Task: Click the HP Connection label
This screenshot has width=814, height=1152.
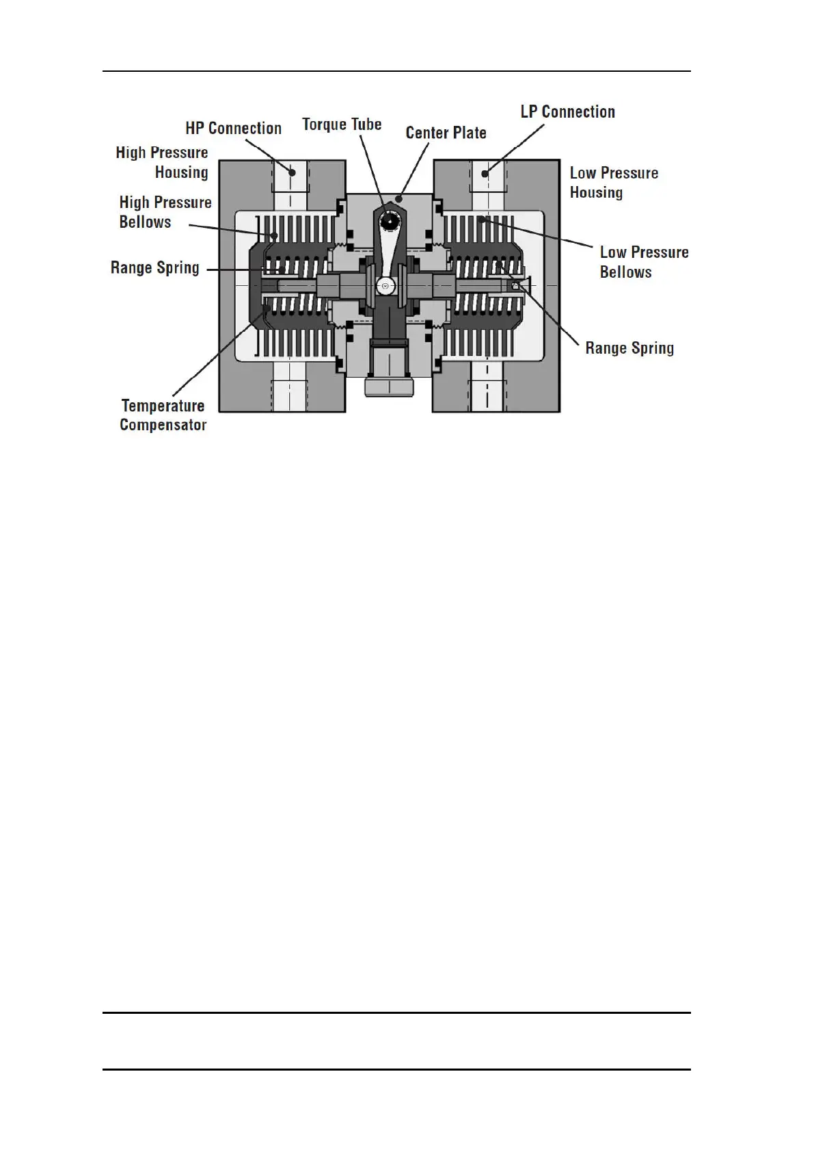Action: pyautogui.click(x=233, y=129)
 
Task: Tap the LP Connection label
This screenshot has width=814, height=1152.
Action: pyautogui.click(x=567, y=112)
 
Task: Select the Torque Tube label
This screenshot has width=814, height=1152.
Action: pyautogui.click(x=342, y=125)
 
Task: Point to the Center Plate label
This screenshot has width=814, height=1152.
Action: pyautogui.click(x=446, y=133)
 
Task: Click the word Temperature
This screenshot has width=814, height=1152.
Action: pyautogui.click(x=163, y=406)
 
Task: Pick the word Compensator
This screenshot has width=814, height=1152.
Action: pyautogui.click(x=163, y=425)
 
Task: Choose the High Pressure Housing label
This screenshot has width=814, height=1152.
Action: pyautogui.click(x=162, y=162)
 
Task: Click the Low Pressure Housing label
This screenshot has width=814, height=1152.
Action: pyautogui.click(x=614, y=183)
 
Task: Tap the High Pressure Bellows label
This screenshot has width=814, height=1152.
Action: pyautogui.click(x=165, y=212)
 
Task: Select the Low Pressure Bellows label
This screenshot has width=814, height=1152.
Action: pyautogui.click(x=644, y=262)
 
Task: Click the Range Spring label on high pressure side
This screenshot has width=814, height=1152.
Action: pyautogui.click(x=155, y=267)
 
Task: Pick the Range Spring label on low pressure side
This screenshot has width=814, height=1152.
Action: pyautogui.click(x=629, y=348)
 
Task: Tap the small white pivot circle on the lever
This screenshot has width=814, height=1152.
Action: pyautogui.click(x=385, y=285)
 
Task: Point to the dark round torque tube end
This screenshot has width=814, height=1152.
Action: pyautogui.click(x=390, y=221)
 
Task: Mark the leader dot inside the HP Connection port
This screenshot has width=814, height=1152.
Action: pyautogui.click(x=292, y=172)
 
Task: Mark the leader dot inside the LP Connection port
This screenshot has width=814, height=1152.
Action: pyautogui.click(x=485, y=173)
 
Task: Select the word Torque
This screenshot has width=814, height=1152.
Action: pyautogui.click(x=325, y=125)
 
